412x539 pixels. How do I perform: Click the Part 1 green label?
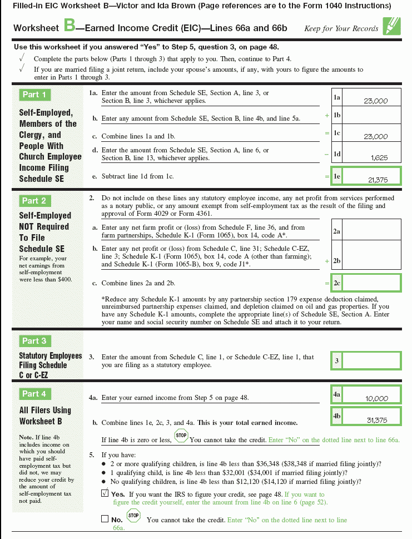tap(34, 95)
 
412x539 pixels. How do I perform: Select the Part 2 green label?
tap(34, 201)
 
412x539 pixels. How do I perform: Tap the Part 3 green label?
tap(34, 341)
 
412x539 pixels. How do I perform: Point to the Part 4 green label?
tap(34, 394)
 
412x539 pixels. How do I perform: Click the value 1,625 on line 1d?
tap(379, 158)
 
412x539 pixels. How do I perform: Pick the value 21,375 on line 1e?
tap(378, 180)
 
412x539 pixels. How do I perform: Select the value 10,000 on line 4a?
tap(376, 398)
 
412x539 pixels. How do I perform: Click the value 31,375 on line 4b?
tap(376, 420)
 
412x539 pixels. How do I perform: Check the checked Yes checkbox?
tap(105, 493)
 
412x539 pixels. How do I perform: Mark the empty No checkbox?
tap(105, 519)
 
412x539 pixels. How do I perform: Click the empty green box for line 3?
tap(372, 360)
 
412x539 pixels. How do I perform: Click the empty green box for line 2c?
tap(372, 283)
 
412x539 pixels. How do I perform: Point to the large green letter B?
tap(70, 25)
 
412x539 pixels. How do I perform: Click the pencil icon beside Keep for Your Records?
tap(391, 26)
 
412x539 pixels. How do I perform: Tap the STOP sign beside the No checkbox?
tap(133, 516)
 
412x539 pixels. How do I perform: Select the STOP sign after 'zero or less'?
tap(181, 436)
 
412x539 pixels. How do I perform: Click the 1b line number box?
tap(337, 115)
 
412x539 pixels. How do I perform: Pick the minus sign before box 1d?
tap(327, 154)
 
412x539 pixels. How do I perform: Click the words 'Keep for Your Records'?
tap(341, 28)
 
